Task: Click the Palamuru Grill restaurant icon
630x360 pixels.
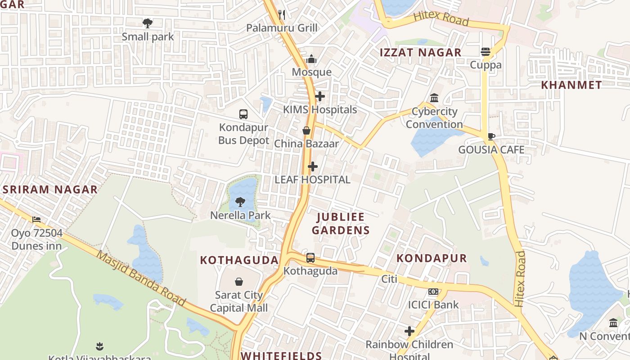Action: [282, 15]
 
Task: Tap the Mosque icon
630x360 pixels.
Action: [311, 59]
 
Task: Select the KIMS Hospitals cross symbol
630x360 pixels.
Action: [320, 96]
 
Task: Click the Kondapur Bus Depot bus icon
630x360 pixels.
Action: [243, 114]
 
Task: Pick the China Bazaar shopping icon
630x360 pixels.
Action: [306, 130]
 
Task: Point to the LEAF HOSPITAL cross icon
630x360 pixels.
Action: [313, 167]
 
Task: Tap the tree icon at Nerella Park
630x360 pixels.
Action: [240, 202]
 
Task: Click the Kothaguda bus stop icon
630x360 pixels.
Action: [310, 258]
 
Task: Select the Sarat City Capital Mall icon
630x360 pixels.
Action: [239, 282]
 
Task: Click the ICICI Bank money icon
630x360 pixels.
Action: [433, 292]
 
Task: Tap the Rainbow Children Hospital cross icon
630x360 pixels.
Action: [409, 332]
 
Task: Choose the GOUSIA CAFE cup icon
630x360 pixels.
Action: [491, 136]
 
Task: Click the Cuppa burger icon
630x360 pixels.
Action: [486, 52]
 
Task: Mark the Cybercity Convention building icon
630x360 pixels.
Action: [434, 98]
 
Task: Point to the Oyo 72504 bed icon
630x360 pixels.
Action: [36, 220]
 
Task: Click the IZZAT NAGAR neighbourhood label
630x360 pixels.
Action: [421, 53]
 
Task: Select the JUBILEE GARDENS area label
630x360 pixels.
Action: [341, 224]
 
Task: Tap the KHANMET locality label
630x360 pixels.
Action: [571, 85]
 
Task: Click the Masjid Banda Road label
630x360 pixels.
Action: [141, 279]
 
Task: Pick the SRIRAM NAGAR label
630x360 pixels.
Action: [50, 189]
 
